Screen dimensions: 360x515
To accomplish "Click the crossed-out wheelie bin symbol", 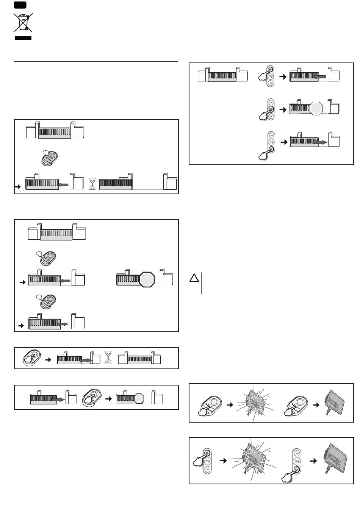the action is pyautogui.click(x=23, y=22).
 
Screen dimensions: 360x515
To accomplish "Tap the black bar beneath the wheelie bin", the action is pyautogui.click(x=23, y=38).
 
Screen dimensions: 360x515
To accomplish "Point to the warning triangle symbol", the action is pyautogui.click(x=194, y=278).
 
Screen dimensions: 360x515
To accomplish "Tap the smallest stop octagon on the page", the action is pyautogui.click(x=139, y=398).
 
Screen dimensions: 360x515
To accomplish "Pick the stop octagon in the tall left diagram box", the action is pyautogui.click(x=147, y=279).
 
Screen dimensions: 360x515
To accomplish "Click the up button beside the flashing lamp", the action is pyautogui.click(x=207, y=453).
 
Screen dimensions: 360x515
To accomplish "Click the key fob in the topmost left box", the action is pyautogui.click(x=50, y=158).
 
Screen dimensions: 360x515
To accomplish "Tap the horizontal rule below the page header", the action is pyautogui.click(x=96, y=61).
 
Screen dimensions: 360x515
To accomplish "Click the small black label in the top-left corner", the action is pyautogui.click(x=20, y=5).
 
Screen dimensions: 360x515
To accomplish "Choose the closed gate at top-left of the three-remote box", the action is pyautogui.click(x=222, y=75).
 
